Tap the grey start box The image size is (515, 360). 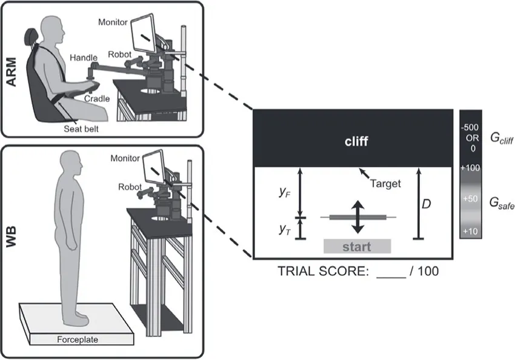357,247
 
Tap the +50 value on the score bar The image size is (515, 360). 470,199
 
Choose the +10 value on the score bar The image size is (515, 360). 470,231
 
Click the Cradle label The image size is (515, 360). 96,98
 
